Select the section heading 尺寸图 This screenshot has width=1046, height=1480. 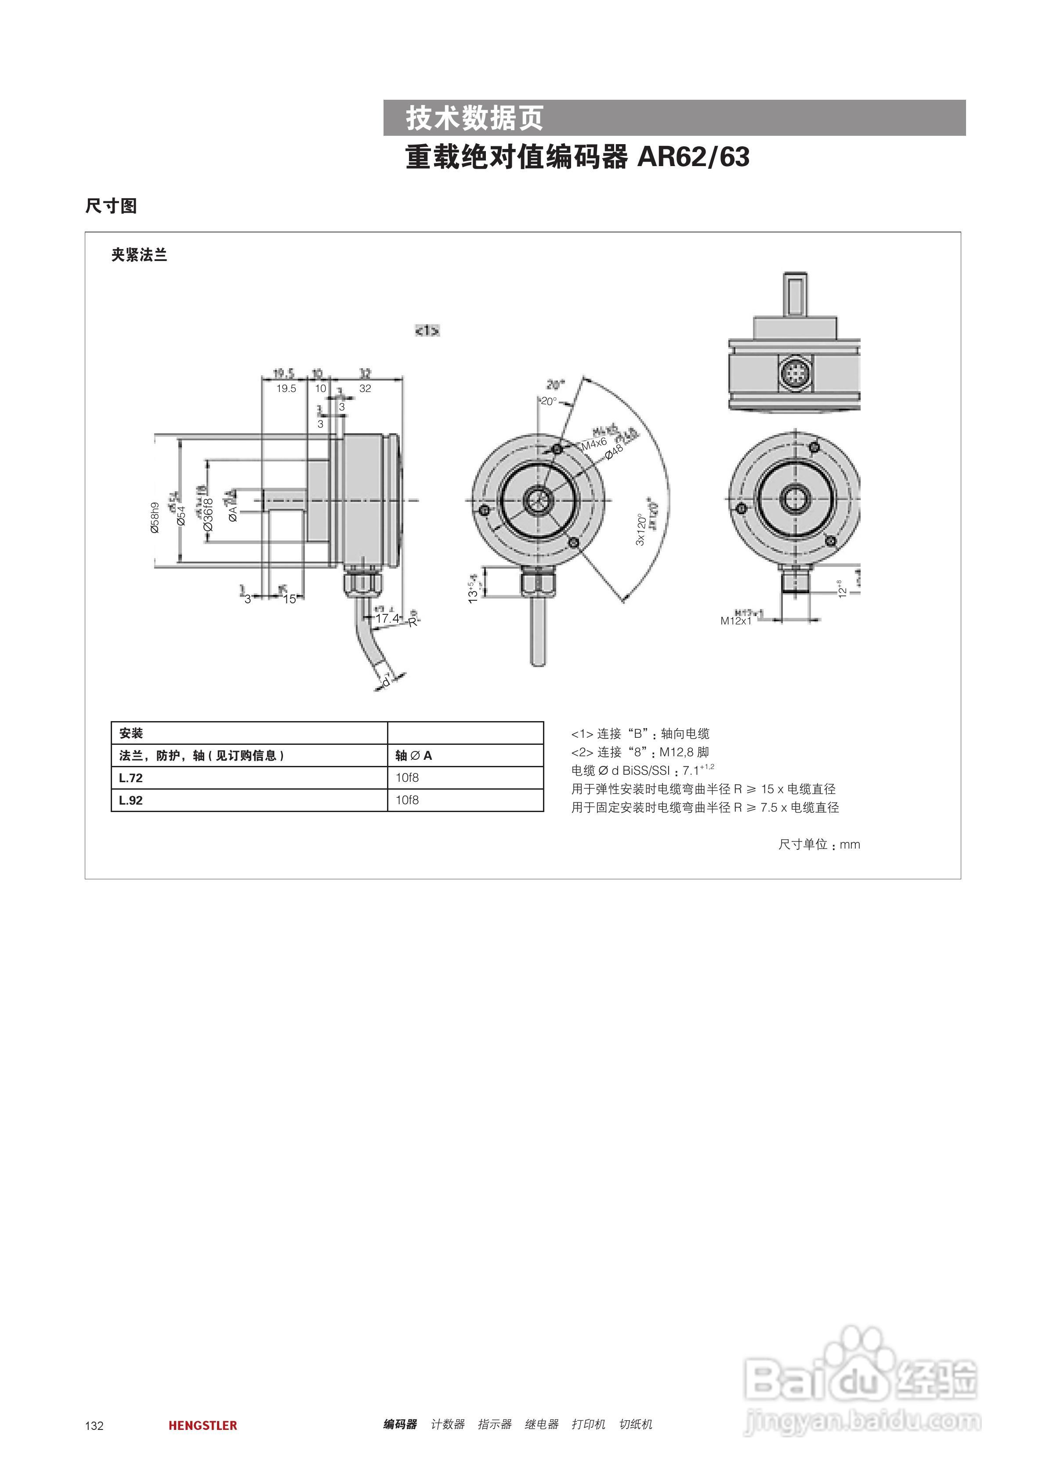[x=111, y=206]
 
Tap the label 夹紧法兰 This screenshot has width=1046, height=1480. [x=139, y=255]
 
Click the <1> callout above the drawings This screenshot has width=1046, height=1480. [x=427, y=331]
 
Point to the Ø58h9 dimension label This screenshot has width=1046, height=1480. [x=155, y=518]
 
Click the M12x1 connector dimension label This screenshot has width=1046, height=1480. [x=736, y=621]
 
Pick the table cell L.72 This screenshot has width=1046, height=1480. [x=131, y=778]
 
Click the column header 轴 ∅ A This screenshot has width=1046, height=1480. [x=414, y=755]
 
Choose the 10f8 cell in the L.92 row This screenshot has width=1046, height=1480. [x=407, y=800]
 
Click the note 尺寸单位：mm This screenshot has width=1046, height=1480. [x=818, y=845]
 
